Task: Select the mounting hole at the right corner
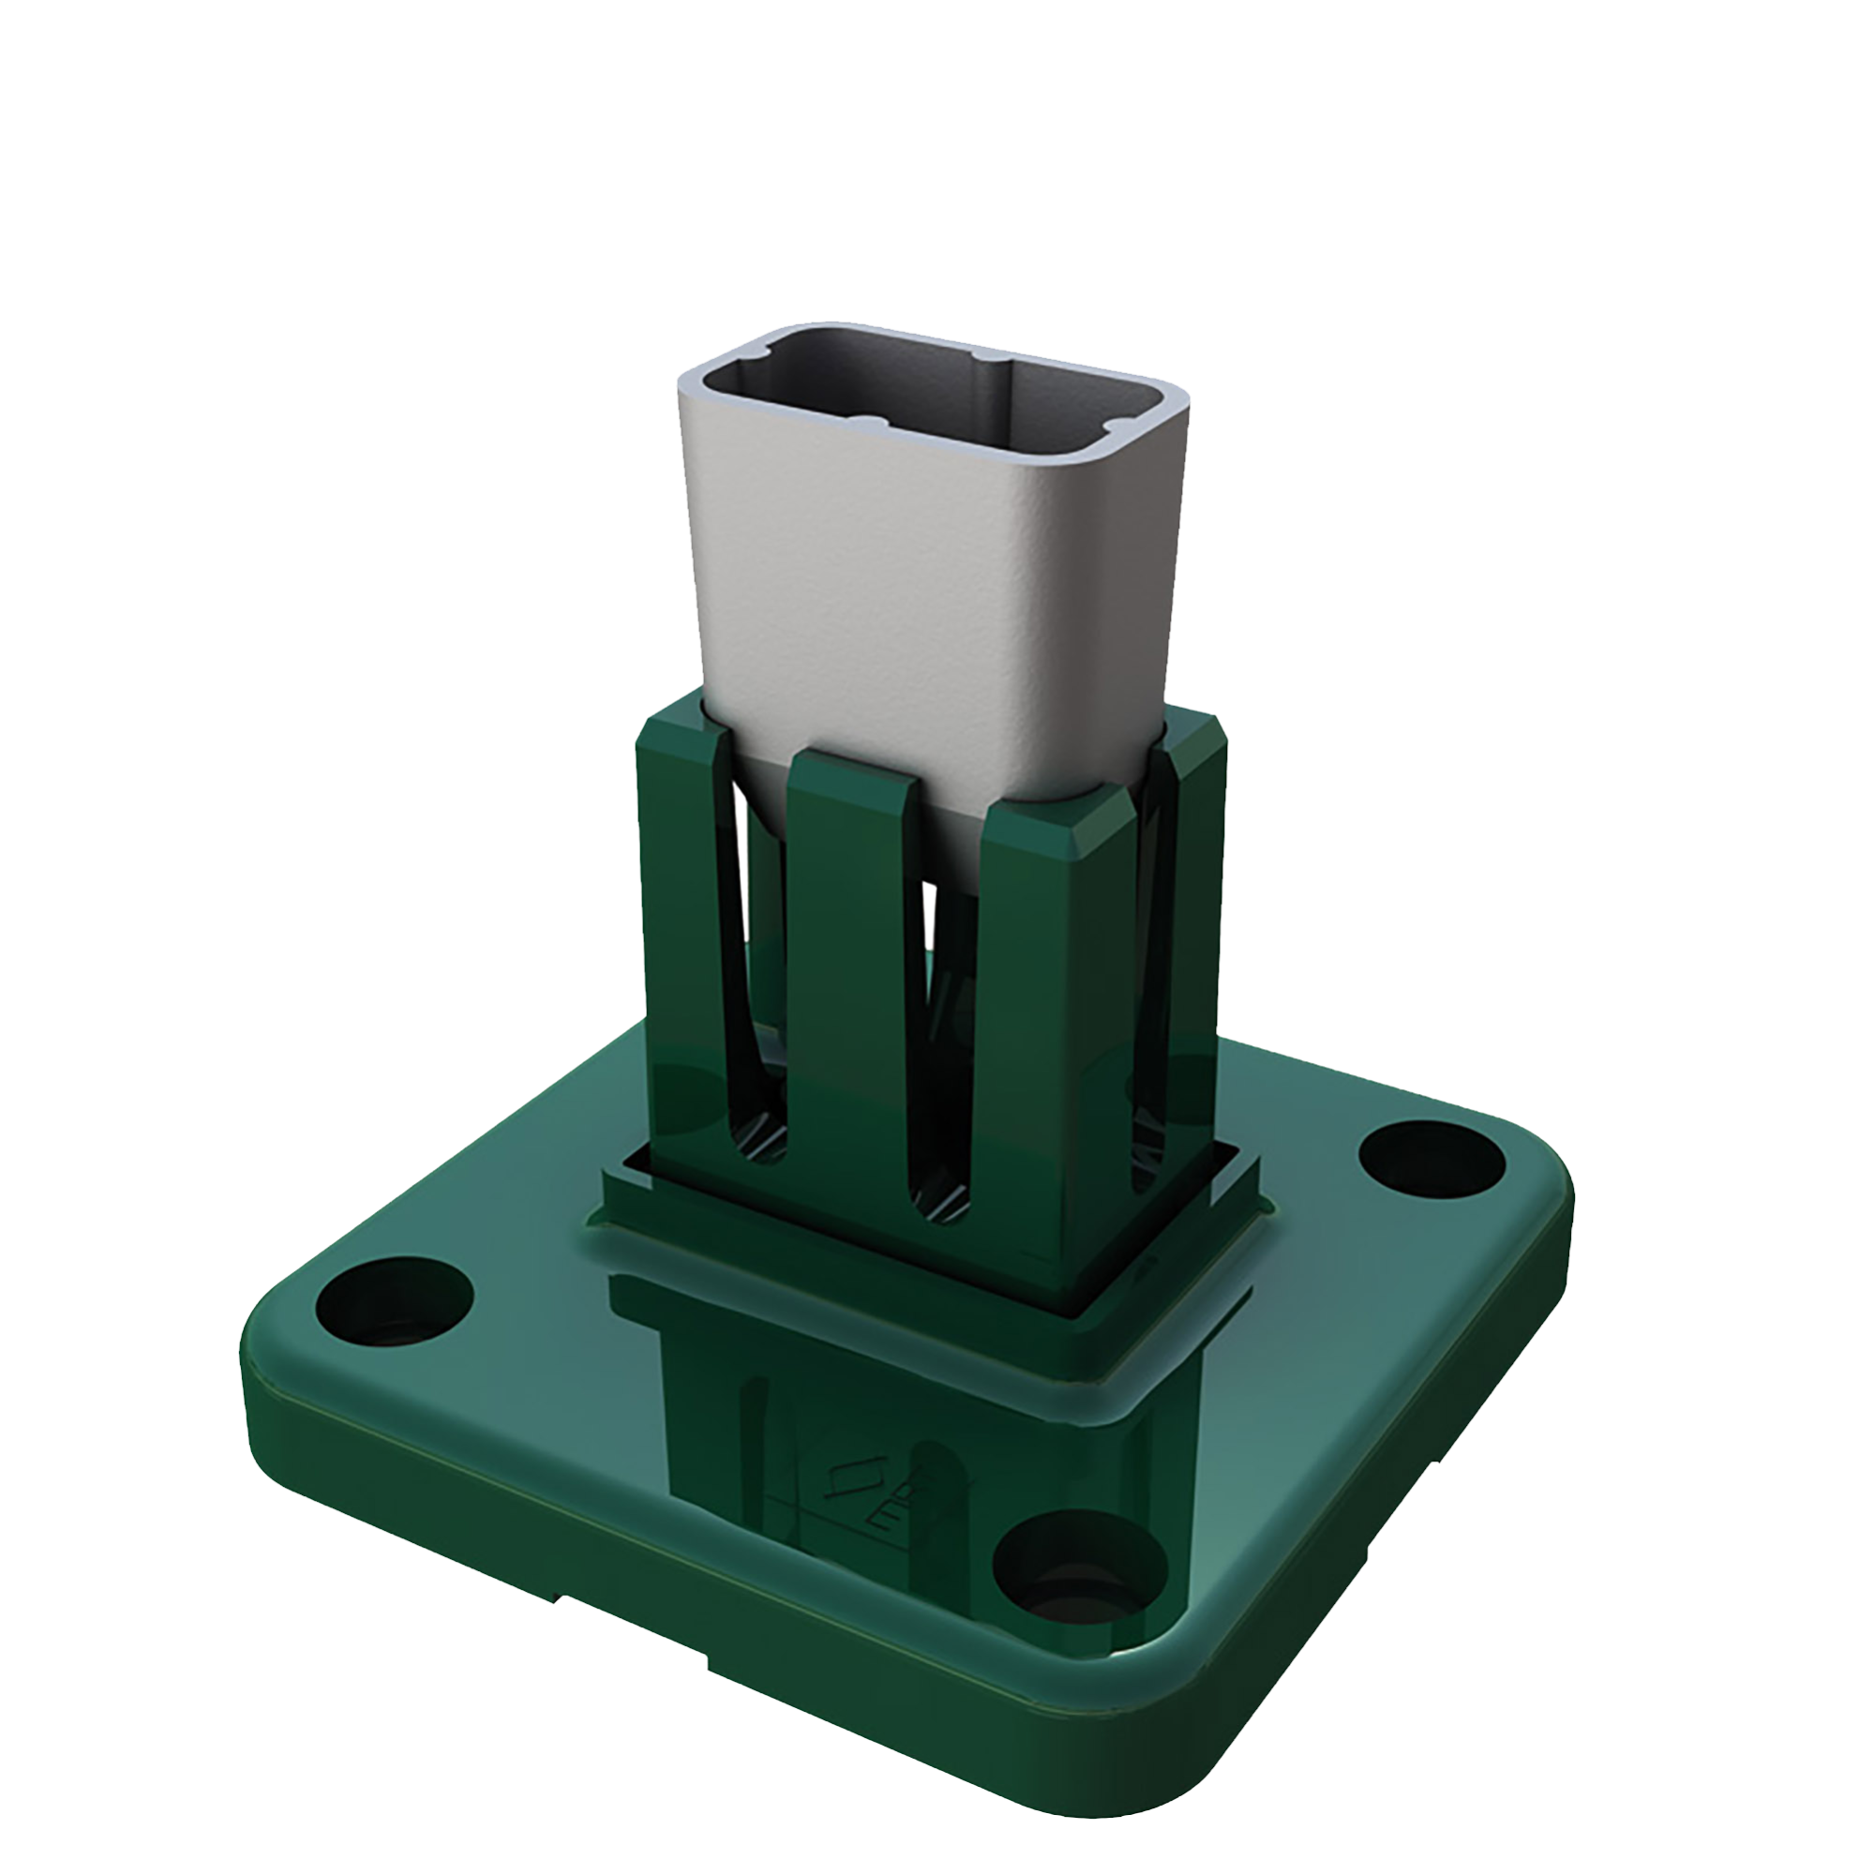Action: [x=1431, y=1159]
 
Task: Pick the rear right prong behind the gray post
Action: [x=1192, y=873]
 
